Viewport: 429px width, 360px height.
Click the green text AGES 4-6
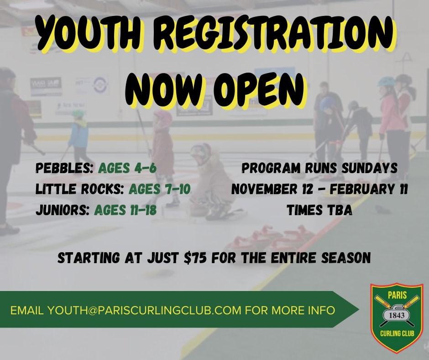[x=127, y=168]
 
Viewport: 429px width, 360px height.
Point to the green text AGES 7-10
[x=160, y=189]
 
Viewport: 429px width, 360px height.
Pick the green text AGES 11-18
[x=126, y=210]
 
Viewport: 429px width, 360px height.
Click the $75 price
[x=195, y=258]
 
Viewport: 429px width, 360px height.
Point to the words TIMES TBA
[x=319, y=210]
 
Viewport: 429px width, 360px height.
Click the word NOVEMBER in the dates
[x=264, y=189]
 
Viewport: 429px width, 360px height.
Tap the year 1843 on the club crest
[x=397, y=315]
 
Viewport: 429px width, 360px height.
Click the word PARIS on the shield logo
[x=397, y=295]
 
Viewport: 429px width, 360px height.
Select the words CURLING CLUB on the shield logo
[x=397, y=334]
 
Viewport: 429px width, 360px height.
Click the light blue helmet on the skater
[x=386, y=81]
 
